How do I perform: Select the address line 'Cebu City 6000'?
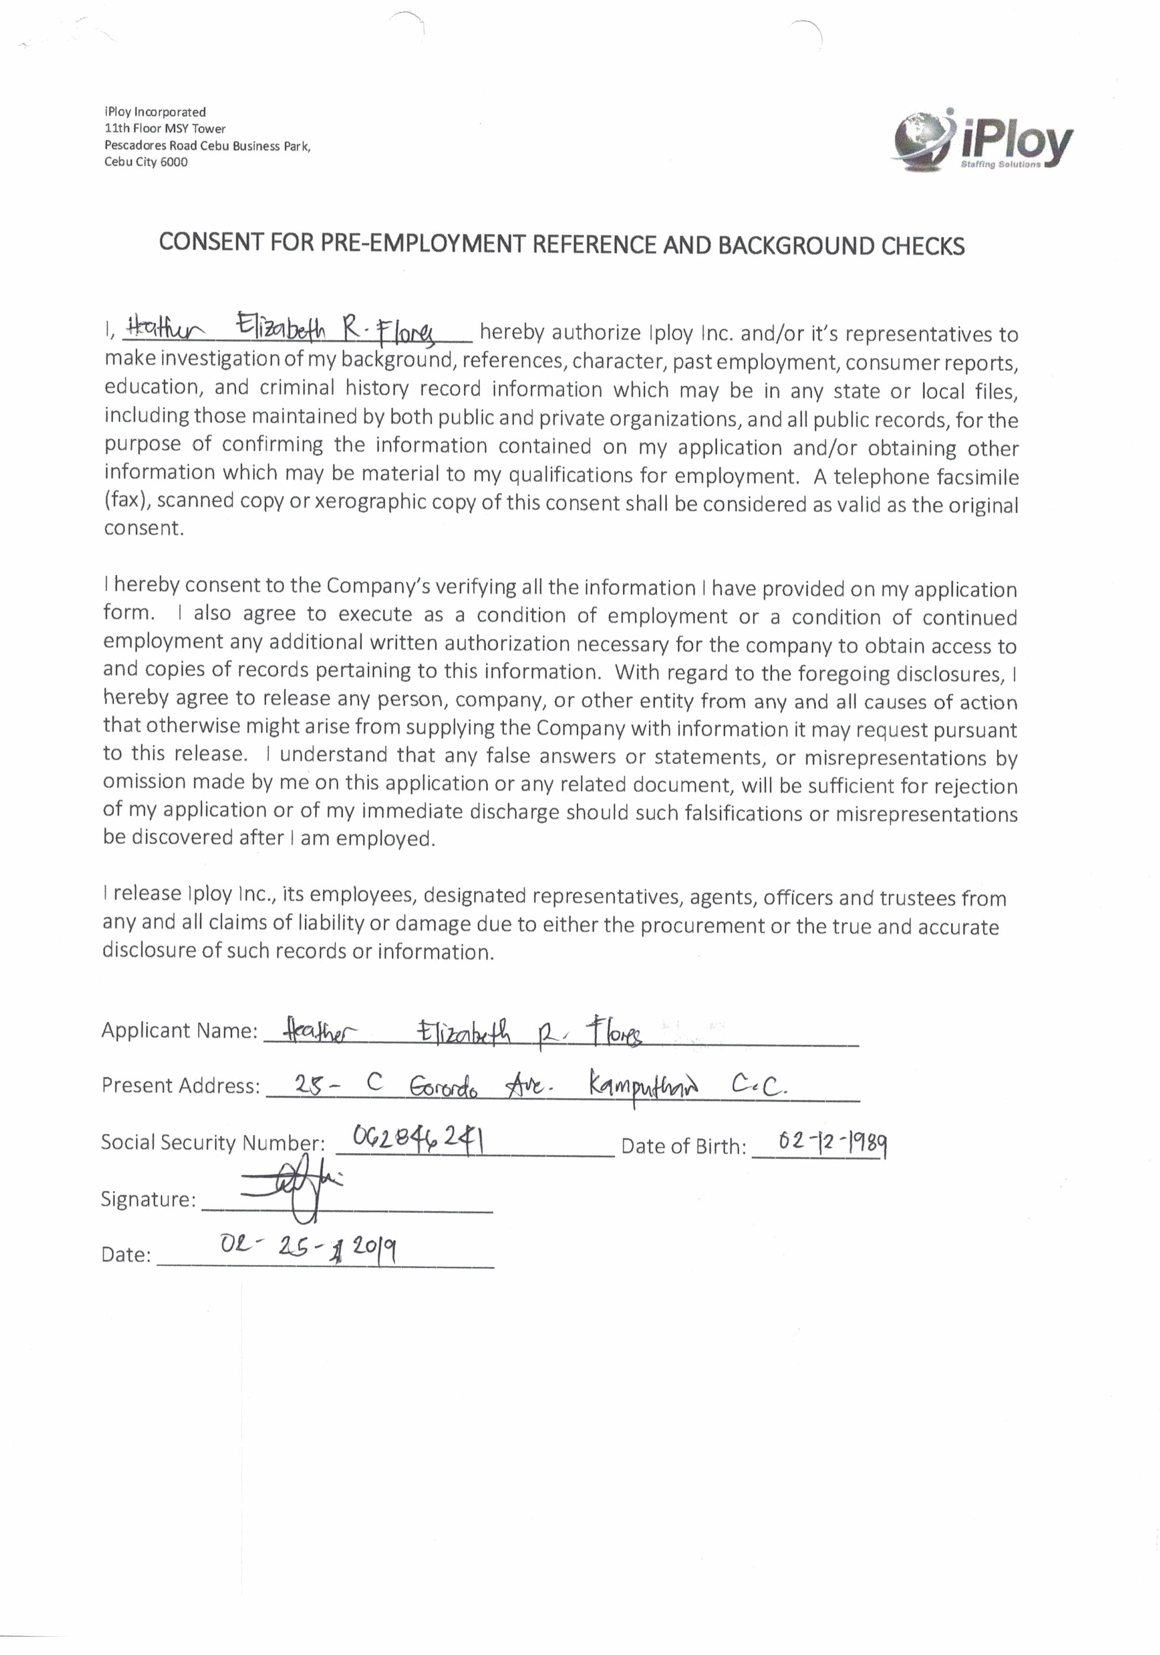click(x=145, y=162)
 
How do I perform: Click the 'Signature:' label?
click(x=148, y=1199)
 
